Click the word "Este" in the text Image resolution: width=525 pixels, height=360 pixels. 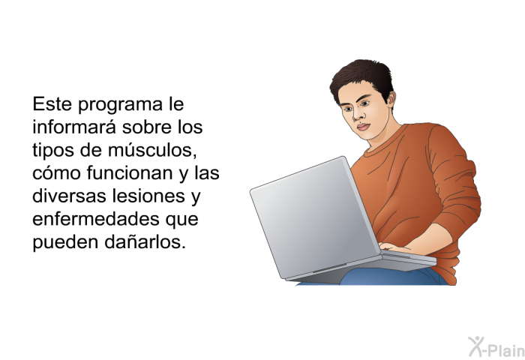(52, 103)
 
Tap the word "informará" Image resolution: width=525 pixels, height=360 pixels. (75, 127)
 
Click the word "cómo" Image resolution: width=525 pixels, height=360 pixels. (56, 172)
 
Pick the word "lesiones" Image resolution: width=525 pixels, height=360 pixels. (148, 196)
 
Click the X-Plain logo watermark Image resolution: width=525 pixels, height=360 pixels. (496, 347)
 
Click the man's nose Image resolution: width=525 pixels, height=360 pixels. (358, 114)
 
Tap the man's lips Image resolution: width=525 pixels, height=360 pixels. (363, 127)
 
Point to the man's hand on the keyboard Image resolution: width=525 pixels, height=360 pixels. (395, 248)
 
